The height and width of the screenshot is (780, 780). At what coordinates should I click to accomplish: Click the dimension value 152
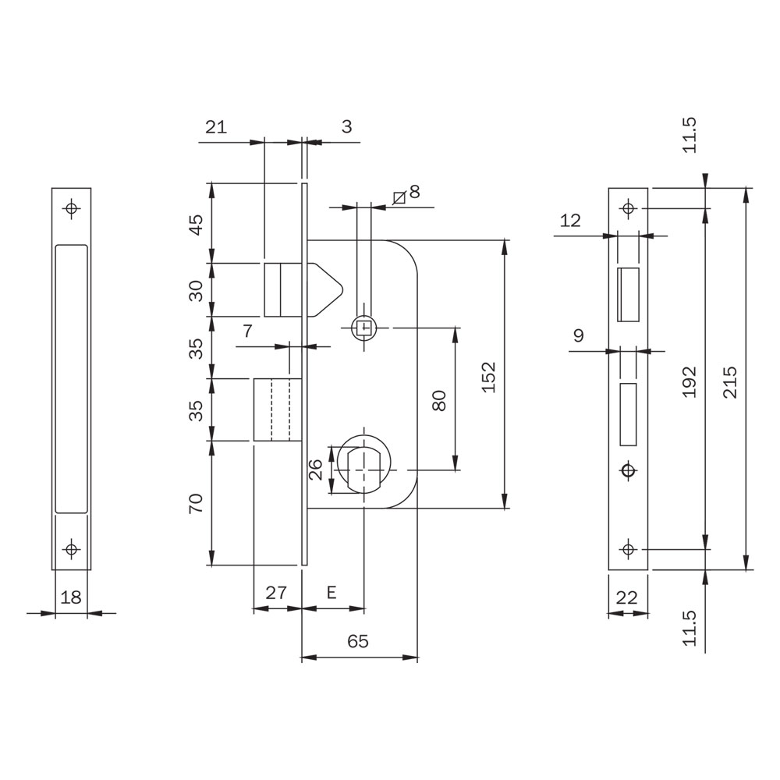(x=490, y=377)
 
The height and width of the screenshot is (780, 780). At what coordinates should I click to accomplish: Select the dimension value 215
(x=730, y=382)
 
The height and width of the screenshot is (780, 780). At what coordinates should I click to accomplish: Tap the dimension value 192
(x=689, y=382)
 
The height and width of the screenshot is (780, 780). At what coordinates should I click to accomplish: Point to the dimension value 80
(x=439, y=400)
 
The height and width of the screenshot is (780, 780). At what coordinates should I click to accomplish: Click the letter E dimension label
(x=331, y=592)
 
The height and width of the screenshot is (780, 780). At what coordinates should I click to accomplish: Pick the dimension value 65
(x=358, y=641)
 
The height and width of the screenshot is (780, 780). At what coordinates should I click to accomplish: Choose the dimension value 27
(x=276, y=592)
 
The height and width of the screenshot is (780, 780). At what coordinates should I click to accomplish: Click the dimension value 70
(x=197, y=503)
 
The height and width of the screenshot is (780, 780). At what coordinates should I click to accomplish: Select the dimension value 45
(x=197, y=225)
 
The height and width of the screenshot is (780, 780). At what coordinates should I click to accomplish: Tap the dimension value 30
(x=197, y=291)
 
